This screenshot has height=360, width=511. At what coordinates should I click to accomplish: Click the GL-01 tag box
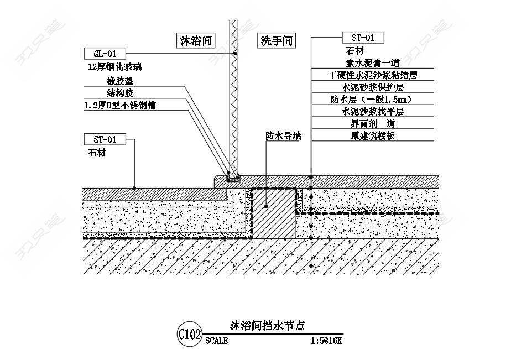[105, 54]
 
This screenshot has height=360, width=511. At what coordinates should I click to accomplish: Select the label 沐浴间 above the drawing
[196, 41]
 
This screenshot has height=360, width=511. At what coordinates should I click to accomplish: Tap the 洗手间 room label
[277, 41]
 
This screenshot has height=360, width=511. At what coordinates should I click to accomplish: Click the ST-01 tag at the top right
[363, 38]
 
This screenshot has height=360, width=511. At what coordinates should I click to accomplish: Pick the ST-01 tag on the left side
[105, 139]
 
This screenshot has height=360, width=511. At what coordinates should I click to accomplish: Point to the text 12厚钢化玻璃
[114, 67]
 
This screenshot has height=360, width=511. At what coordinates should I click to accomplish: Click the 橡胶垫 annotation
[120, 81]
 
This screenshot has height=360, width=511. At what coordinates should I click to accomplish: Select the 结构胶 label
[120, 93]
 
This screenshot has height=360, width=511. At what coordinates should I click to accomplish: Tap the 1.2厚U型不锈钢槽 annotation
[120, 106]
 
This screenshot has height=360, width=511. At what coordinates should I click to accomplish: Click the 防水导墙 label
[283, 136]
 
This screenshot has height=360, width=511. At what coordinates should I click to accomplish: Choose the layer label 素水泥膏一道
[373, 63]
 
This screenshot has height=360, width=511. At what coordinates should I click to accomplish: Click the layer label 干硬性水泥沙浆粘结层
[373, 75]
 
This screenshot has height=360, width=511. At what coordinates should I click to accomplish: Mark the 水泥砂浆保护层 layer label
[373, 87]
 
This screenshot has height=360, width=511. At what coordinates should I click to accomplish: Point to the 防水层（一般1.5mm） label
[371, 100]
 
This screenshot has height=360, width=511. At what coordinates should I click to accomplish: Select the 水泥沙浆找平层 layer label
[373, 111]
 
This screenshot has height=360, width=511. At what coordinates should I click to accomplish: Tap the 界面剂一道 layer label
[373, 123]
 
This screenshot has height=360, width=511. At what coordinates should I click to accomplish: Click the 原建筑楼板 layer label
[373, 135]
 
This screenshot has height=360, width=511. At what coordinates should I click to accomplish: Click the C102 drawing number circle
[190, 334]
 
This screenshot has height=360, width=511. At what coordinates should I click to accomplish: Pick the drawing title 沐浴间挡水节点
[267, 326]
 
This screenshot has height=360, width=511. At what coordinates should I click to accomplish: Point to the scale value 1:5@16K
[326, 341]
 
